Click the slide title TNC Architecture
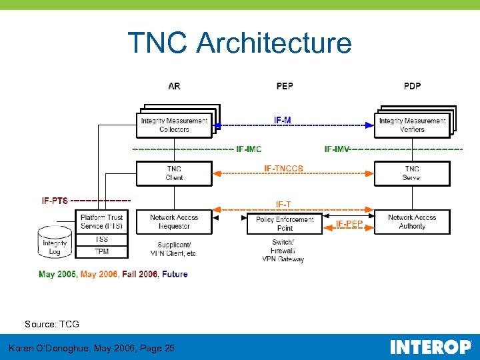239,43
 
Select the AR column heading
174,86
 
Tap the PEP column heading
285,86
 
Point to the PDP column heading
412,86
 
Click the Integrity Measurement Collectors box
174,125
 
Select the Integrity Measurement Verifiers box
412,125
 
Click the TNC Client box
174,173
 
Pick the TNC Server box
412,173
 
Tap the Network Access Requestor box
174,222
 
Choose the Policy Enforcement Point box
285,223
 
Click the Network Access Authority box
412,222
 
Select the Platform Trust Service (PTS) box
101,222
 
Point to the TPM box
101,251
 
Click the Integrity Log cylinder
55,244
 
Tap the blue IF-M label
283,120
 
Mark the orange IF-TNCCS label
283,169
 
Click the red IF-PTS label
55,201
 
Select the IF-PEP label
349,224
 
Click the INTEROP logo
430,347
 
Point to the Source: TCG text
52,324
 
